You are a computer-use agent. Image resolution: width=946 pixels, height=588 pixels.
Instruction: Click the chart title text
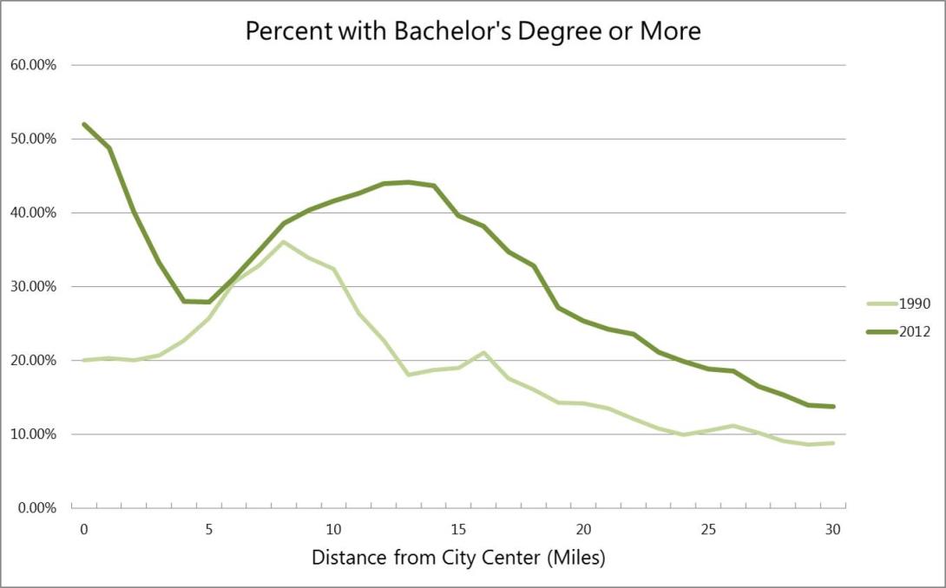472,31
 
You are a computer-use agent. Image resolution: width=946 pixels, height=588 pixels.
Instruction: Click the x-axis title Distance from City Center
458,557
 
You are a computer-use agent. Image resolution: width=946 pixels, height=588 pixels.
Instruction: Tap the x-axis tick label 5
209,529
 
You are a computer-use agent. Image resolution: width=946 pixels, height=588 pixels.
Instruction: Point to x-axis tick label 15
459,529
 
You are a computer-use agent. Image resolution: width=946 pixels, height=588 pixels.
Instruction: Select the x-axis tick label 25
708,529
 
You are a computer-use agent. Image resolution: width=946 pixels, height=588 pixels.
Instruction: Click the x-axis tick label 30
833,529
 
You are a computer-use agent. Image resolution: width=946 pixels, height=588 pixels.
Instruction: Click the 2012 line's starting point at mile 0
84,124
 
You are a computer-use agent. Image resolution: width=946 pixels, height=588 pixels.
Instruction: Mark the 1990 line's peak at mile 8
284,242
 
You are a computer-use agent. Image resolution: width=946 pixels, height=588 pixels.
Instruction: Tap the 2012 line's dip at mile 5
209,302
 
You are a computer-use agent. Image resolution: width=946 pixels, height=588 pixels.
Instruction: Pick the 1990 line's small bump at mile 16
483,353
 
